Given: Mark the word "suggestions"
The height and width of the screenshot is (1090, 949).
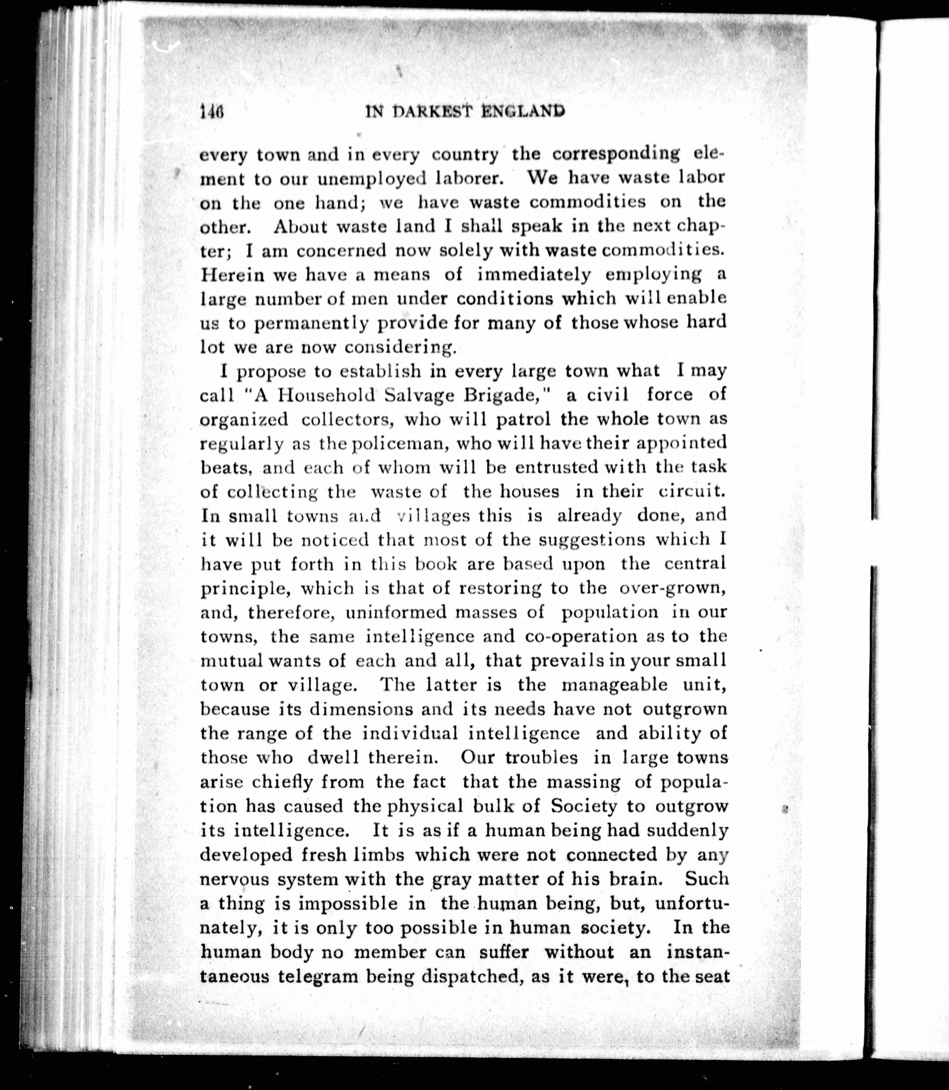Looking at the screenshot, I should click(591, 540).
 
